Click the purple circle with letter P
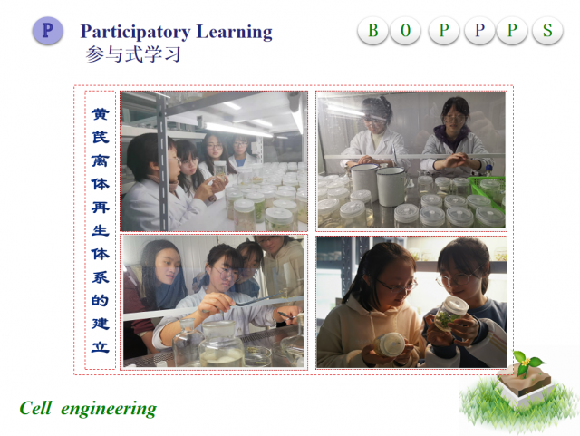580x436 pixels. pyautogui.click(x=47, y=30)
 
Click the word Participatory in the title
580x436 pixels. pyautogui.click(x=135, y=33)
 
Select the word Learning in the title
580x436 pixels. pyautogui.click(x=234, y=33)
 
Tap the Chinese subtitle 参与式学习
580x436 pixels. pyautogui.click(x=133, y=54)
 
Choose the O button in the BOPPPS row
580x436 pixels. pyautogui.click(x=405, y=30)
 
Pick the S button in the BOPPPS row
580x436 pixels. pyautogui.click(x=547, y=30)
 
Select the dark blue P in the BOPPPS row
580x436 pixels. pyautogui.click(x=479, y=30)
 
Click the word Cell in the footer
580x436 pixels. pyautogui.click(x=35, y=408)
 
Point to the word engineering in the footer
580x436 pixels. pyautogui.click(x=109, y=410)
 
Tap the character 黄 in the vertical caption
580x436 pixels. pyautogui.click(x=101, y=113)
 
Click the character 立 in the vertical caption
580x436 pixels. pyautogui.click(x=101, y=347)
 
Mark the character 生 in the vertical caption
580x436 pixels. pyautogui.click(x=101, y=230)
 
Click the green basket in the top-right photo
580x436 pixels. pyautogui.click(x=488, y=190)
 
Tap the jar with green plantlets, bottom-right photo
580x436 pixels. pyautogui.click(x=449, y=313)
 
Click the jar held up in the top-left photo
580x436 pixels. pyautogui.click(x=220, y=170)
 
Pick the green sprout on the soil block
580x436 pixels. pyautogui.click(x=526, y=362)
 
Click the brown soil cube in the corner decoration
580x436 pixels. pyautogui.click(x=526, y=381)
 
